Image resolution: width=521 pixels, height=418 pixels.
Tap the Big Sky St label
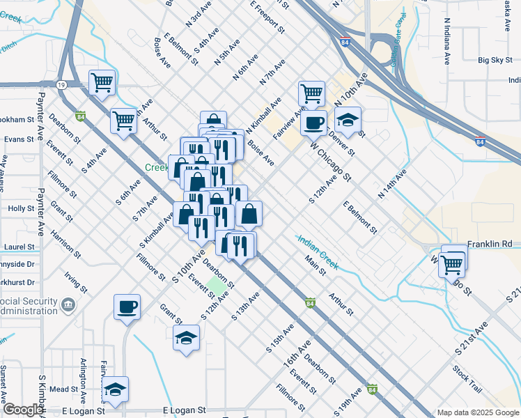(496, 61)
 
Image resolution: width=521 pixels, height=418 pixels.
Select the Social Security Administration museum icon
(68, 304)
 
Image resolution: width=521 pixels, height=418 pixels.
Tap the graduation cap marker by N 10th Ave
(348, 120)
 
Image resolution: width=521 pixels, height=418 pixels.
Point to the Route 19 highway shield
(63, 84)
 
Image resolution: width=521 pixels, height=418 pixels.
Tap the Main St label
(316, 265)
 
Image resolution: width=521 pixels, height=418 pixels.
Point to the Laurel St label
(20, 247)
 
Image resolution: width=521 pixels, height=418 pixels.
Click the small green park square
(218, 284)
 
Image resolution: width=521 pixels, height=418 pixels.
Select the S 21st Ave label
(471, 339)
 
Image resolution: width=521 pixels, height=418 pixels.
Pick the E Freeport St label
(267, 17)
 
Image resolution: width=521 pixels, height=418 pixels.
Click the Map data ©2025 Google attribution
(477, 412)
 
